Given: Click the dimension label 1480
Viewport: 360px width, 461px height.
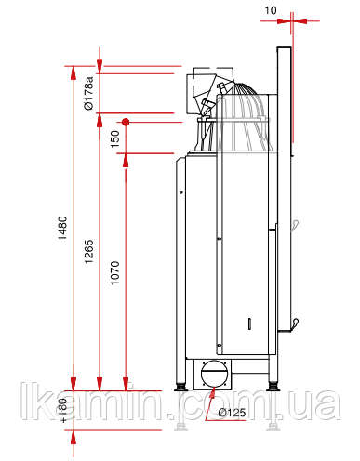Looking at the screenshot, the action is pos(62,228).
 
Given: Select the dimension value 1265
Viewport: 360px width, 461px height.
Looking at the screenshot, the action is pos(89,252).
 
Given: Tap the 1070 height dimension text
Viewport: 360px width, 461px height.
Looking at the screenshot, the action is pos(115,273).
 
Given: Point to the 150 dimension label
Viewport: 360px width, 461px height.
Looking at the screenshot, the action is pos(115,138).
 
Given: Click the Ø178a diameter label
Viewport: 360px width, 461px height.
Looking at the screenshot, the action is pos(88,93).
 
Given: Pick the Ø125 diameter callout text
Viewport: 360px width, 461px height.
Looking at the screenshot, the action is pos(232,413).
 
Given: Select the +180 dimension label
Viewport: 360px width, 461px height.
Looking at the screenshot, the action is pos(63,411).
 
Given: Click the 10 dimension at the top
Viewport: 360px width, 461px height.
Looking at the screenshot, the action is pos(271,10).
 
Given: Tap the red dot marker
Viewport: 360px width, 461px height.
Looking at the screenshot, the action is pos(126,122).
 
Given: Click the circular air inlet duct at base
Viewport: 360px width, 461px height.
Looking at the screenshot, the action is pos(214,374).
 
